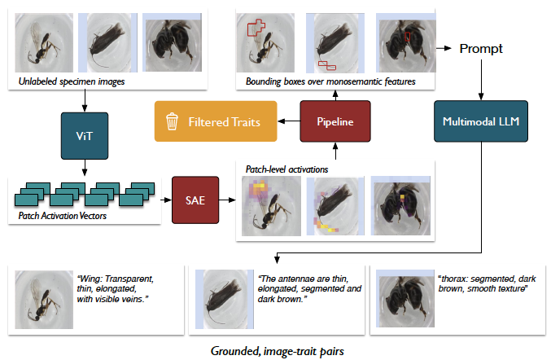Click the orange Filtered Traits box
[x=216, y=122]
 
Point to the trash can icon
[x=172, y=122]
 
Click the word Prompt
[x=480, y=48]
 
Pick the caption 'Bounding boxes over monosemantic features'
[x=330, y=81]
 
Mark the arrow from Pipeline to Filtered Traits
[x=288, y=122]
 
